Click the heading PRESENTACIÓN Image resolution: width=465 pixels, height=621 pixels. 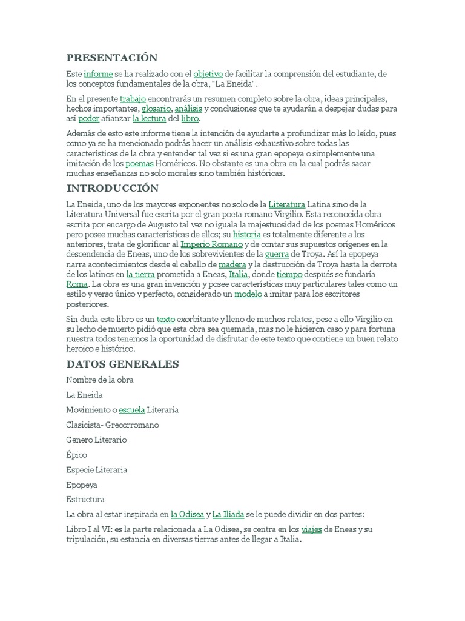tap(111, 58)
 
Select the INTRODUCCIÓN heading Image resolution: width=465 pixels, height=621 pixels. tap(113, 188)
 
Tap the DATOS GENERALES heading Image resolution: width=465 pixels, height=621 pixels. tap(122, 364)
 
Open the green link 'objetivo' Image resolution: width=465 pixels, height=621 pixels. tap(208, 74)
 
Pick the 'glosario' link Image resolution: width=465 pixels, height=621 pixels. tap(156, 109)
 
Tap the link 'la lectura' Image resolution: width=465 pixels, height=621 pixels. tap(149, 119)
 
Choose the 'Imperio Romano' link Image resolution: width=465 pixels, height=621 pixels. tap(203, 244)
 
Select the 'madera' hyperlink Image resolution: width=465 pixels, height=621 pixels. tap(232, 264)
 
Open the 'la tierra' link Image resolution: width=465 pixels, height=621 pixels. tap(140, 274)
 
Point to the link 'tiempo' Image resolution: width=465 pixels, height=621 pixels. tap(289, 274)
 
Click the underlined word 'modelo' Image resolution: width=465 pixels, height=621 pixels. tap(248, 294)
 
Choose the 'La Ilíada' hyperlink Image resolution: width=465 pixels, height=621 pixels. tap(228, 515)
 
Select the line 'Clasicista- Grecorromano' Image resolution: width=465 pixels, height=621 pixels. tap(113, 425)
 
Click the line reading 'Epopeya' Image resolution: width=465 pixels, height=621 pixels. tap(82, 485)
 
